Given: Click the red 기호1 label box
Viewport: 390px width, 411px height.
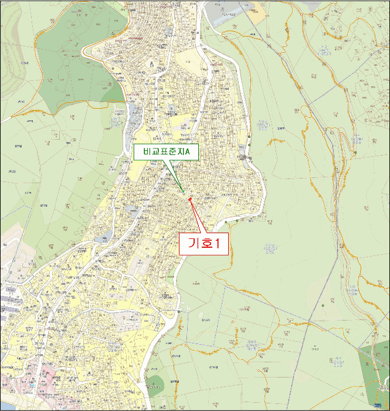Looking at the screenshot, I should tap(203, 244).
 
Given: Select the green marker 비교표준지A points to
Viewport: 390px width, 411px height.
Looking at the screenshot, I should tap(183, 191).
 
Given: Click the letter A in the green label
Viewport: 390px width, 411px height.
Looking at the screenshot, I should tap(195, 151).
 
